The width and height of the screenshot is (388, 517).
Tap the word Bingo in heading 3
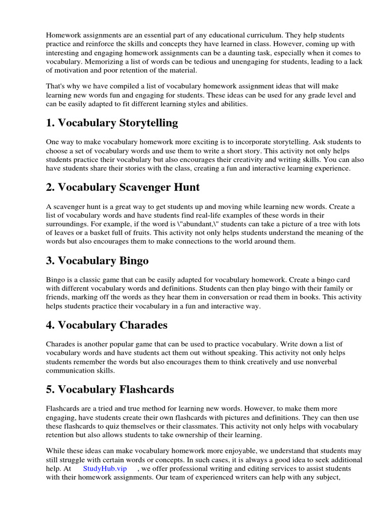coord(128,261)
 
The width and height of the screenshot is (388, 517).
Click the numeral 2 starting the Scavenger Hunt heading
coord(50,187)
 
